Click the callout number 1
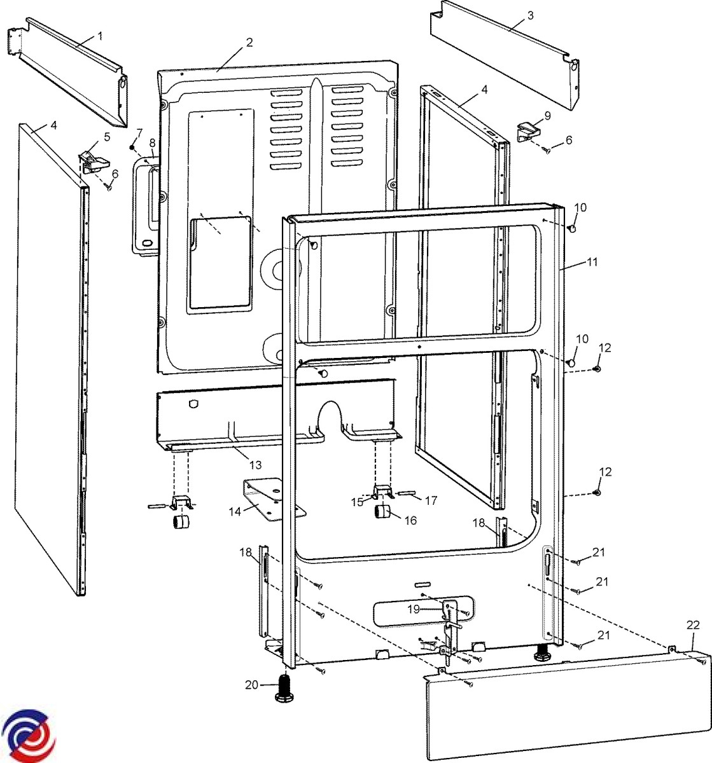[x=100, y=36]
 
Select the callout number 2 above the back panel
[x=249, y=43]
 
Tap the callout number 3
[x=531, y=15]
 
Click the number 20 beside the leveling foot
[x=252, y=684]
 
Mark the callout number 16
[x=410, y=520]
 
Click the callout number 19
[x=414, y=608]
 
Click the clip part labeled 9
[x=528, y=132]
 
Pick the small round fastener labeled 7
[x=132, y=147]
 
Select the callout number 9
[x=547, y=116]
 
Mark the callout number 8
[x=152, y=142]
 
